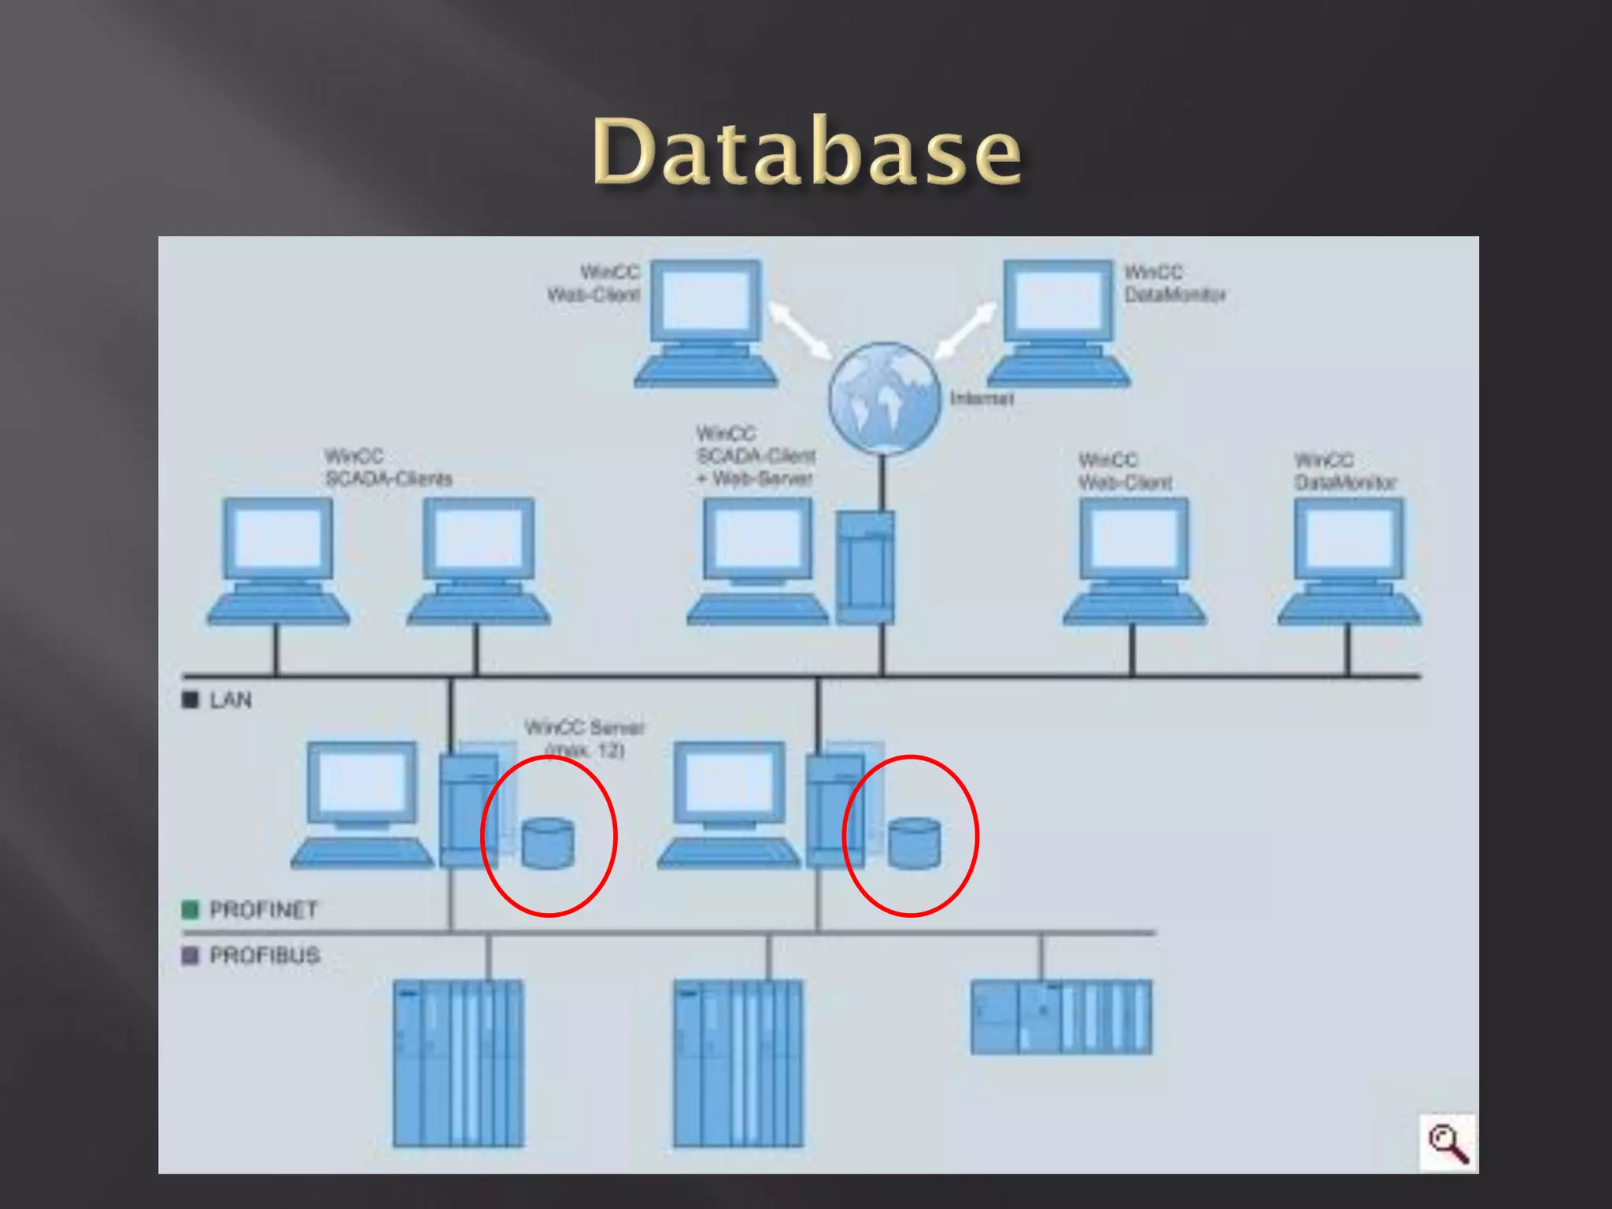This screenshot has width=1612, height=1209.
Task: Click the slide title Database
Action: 807,151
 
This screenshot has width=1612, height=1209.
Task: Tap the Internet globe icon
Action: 884,398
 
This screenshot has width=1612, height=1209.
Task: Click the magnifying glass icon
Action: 1448,1144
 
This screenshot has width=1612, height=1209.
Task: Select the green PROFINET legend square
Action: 190,910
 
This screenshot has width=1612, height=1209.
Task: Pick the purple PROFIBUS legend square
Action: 190,956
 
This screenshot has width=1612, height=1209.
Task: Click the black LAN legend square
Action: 190,700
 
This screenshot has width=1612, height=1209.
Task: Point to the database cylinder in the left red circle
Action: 548,844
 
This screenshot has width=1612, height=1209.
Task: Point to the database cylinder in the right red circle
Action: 914,844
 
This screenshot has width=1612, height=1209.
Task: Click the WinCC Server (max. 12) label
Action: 584,738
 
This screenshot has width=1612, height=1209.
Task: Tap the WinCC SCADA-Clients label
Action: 388,468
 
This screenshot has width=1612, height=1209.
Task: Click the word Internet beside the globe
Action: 982,398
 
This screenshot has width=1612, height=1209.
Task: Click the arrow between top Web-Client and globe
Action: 800,329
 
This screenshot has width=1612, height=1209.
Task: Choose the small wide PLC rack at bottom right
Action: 1061,1017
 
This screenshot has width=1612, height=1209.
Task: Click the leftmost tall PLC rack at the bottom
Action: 458,1063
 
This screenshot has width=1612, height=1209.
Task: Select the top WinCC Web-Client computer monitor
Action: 706,301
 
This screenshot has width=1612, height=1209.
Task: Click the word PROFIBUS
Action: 264,956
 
